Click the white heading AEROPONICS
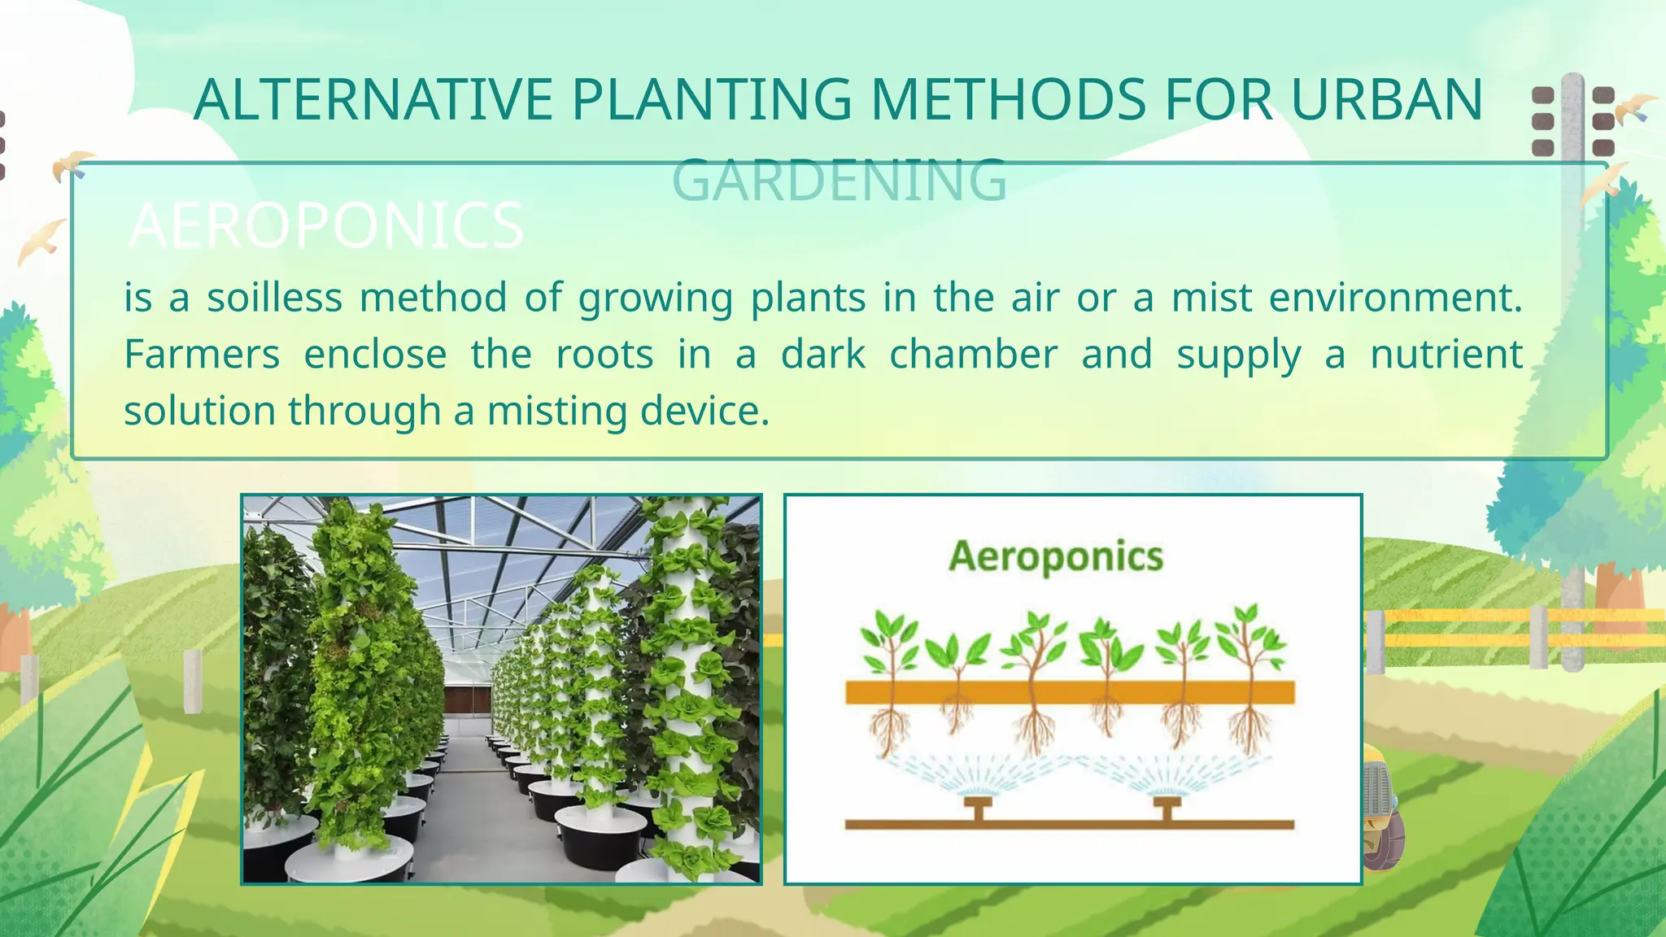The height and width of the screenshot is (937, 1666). click(326, 225)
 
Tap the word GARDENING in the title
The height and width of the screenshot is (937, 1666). click(840, 180)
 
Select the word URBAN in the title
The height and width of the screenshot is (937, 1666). click(1386, 100)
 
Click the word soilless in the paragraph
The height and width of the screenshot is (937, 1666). click(274, 298)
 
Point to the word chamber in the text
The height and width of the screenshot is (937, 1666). click(973, 355)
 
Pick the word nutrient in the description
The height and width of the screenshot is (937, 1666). click(1446, 355)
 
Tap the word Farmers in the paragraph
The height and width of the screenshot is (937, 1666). click(202, 355)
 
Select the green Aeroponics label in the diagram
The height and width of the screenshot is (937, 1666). click(1056, 557)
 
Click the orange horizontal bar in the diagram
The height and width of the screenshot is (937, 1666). click(1069, 693)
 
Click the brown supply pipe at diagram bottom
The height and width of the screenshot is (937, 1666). click(1069, 825)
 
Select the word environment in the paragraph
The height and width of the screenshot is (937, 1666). click(1394, 298)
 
